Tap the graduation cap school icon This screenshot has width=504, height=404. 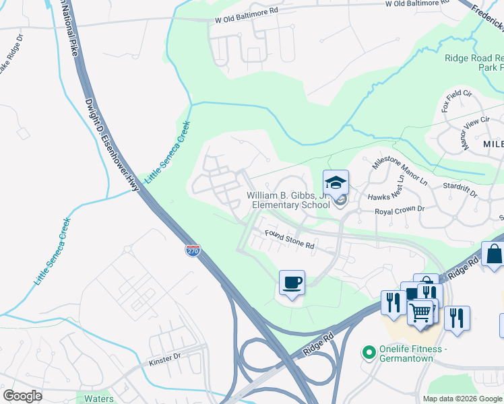[x=336, y=182]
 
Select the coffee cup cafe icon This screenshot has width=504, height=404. [x=292, y=282]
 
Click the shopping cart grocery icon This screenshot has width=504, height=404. [x=421, y=312]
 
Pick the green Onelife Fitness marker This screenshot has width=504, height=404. [x=369, y=351]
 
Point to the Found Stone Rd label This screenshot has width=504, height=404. [x=290, y=240]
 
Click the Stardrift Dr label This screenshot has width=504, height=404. [x=460, y=189]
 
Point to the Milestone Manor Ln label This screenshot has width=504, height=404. [x=400, y=172]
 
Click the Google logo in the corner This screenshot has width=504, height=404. [x=22, y=396]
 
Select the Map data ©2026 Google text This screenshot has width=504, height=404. [x=462, y=399]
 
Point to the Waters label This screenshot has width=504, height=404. [x=98, y=399]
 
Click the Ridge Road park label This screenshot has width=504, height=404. [x=474, y=63]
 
